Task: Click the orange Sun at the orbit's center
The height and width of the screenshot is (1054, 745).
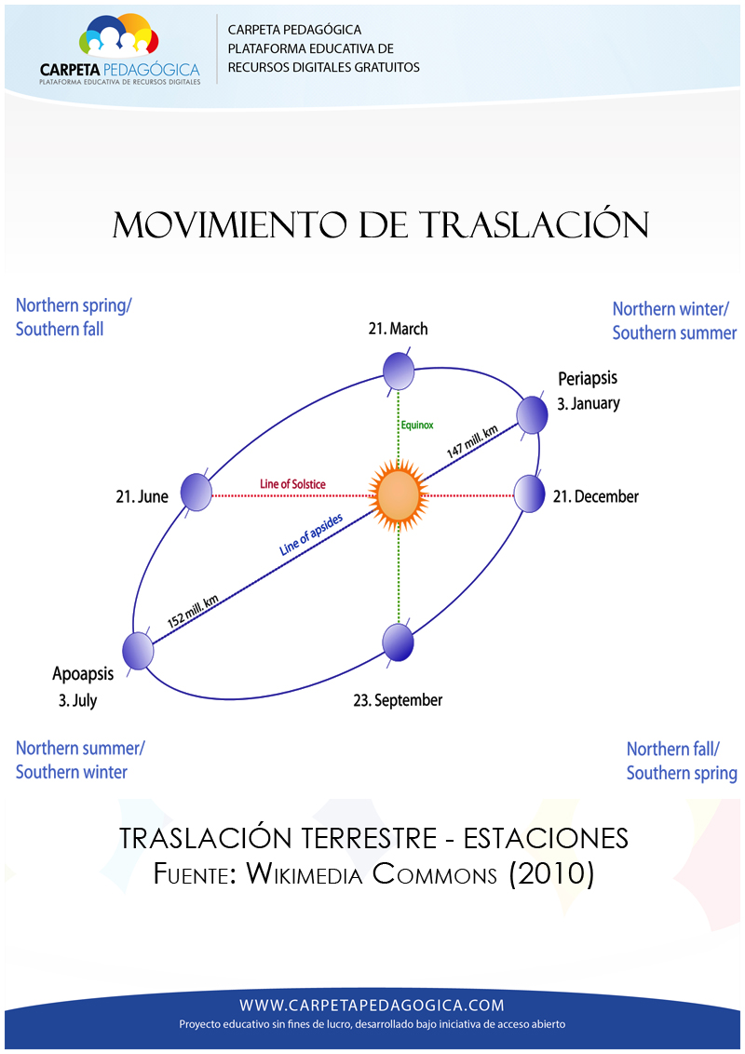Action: coord(399,494)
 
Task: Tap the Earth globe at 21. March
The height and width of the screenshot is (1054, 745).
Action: coord(399,371)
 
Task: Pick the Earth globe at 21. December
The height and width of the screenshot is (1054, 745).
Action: coord(529,493)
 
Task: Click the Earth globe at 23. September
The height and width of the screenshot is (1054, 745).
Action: coord(399,642)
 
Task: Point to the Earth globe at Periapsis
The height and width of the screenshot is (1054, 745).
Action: coord(532,414)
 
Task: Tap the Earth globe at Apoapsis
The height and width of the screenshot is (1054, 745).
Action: coord(138,650)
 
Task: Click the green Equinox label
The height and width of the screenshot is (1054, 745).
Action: coord(417,426)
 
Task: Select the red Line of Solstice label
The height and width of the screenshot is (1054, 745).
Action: coord(292,484)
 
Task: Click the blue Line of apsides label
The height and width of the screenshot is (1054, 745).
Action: coord(312,534)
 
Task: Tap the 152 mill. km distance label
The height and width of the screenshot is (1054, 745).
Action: coord(193,611)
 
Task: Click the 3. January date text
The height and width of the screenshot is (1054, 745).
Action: coord(589,404)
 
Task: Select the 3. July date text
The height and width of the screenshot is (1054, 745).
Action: coord(74,700)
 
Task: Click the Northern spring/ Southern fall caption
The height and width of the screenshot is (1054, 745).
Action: coord(74,317)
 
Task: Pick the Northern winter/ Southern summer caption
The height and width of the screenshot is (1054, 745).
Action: coord(674,320)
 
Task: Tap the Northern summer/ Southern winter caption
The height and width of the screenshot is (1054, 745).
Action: coord(80,759)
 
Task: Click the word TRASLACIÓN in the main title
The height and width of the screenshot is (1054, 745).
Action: coord(534,225)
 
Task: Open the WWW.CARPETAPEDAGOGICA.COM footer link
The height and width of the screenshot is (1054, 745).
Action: coord(372,1005)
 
